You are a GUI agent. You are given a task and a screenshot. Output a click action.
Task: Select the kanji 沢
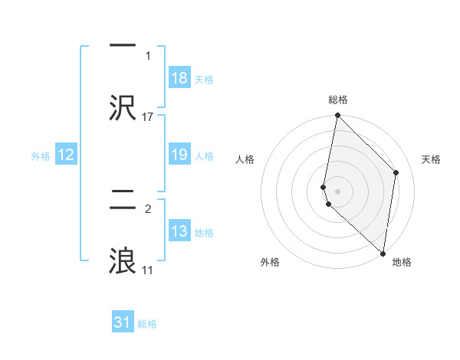[x=123, y=107]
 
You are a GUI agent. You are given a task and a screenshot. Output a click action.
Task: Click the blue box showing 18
[x=179, y=78]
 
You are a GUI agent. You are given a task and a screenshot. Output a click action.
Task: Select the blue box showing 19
[x=179, y=155]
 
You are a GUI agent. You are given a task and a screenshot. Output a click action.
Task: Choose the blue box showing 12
[x=66, y=155]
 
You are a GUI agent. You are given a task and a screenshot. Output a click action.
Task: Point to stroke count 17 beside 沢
[x=148, y=116]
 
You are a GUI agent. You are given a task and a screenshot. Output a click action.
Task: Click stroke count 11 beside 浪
[x=148, y=270]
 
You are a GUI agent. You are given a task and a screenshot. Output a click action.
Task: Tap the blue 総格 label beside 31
[x=147, y=324]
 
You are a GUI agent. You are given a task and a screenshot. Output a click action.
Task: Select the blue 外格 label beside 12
[x=41, y=156]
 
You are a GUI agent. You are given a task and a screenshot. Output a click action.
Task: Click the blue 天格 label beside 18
[x=204, y=79]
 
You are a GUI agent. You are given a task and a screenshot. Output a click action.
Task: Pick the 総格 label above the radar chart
[x=338, y=100]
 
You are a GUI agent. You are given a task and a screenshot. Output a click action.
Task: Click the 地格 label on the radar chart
[x=402, y=262]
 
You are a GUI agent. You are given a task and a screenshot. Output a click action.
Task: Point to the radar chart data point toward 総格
[x=337, y=116]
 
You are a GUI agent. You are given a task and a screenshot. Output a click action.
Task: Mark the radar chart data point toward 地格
[x=383, y=254]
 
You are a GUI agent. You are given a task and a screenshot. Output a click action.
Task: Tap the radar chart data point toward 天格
[x=396, y=172]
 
